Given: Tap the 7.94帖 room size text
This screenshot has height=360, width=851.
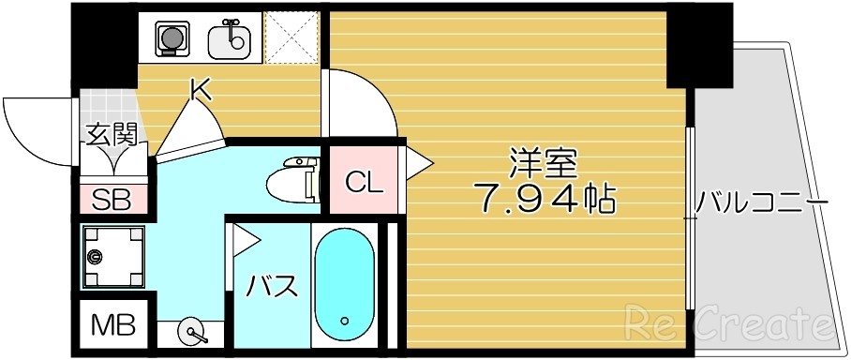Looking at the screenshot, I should tap(546, 199).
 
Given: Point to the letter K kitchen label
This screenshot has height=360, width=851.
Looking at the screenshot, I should tap(200, 90).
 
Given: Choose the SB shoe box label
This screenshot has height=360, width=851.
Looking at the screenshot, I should tap(112, 199).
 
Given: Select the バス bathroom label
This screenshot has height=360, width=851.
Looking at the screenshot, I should tap(272, 285).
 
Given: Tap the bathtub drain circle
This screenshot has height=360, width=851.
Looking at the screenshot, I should tap(347, 319).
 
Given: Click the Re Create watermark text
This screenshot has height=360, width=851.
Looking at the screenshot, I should tap(728, 325).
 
